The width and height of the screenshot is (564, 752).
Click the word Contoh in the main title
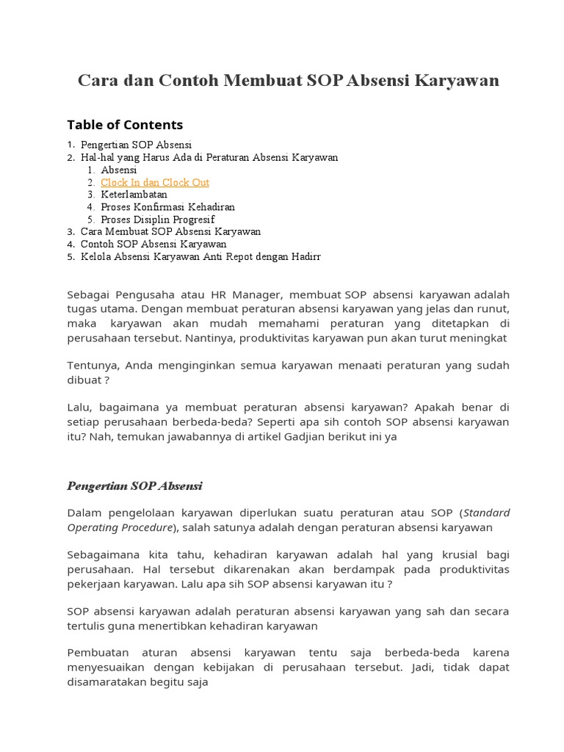(x=182, y=81)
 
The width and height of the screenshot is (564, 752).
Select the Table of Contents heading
(x=125, y=124)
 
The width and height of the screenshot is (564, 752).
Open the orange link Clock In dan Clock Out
(x=155, y=182)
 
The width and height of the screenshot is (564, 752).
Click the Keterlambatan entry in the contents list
(x=134, y=195)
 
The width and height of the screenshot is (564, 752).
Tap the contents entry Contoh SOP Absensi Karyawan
(x=153, y=244)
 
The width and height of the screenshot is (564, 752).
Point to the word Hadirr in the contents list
(x=305, y=256)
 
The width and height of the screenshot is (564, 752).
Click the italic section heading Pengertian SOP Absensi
(x=134, y=486)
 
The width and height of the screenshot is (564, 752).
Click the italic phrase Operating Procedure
(x=120, y=528)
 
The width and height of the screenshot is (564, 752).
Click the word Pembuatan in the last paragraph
(x=97, y=653)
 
